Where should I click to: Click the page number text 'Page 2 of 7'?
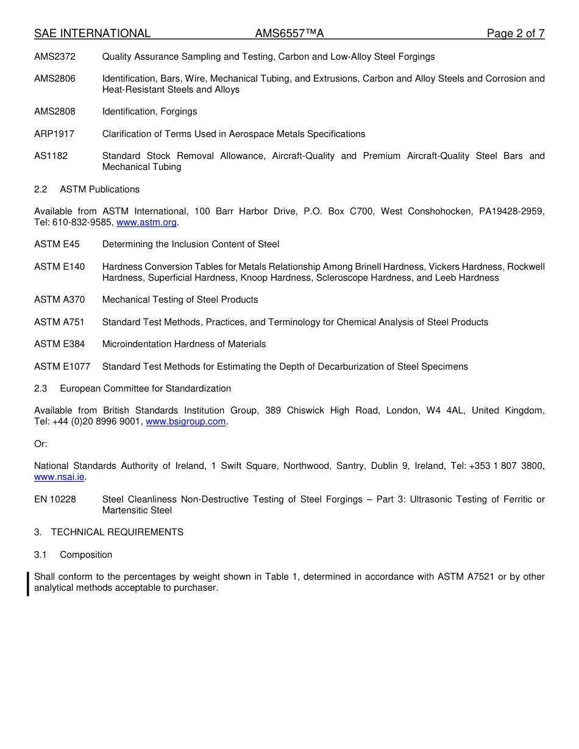[x=515, y=33]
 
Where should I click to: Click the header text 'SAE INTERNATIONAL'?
[x=92, y=33]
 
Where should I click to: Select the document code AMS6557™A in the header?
[x=285, y=33]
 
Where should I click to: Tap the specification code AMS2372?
[x=55, y=57]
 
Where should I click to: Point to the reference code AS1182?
[x=51, y=156]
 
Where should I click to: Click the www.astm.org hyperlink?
[x=146, y=223]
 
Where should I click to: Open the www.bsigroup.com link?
[x=186, y=422]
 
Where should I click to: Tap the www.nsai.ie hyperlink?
[x=59, y=477]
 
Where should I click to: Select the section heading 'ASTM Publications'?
[x=99, y=189]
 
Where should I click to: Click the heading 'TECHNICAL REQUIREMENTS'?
[x=117, y=532]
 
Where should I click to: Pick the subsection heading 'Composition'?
[x=86, y=555]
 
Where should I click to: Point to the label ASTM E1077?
[x=62, y=367]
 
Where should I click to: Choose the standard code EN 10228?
[x=55, y=499]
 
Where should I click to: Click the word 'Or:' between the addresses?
[x=41, y=444]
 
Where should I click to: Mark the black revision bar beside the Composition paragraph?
[x=28, y=583]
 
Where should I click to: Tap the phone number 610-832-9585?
[x=83, y=223]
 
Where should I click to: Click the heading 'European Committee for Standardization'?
[x=145, y=389]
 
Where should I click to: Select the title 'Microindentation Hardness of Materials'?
[x=184, y=344]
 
